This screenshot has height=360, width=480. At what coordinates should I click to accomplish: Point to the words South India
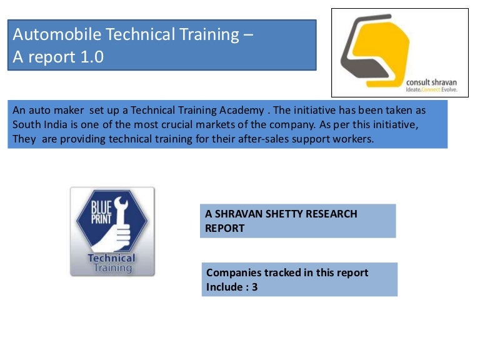click(38, 124)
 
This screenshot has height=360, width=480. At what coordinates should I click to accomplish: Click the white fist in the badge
click(119, 237)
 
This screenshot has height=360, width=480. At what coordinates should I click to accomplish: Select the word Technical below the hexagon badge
click(112, 258)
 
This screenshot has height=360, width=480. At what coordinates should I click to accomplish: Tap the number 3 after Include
click(255, 287)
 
